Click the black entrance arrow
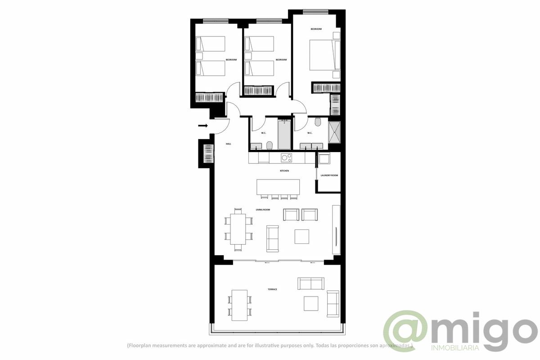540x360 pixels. pyautogui.click(x=202, y=126)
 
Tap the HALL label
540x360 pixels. pyautogui.click(x=229, y=144)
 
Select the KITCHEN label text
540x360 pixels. pyautogui.click(x=284, y=171)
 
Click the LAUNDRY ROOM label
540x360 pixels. pyautogui.click(x=329, y=175)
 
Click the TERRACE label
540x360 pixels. pyautogui.click(x=272, y=289)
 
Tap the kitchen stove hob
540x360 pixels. pyautogui.click(x=286, y=157)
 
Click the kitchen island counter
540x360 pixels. pyautogui.click(x=278, y=187)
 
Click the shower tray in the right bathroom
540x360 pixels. pyautogui.click(x=335, y=132)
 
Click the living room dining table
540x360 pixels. pyautogui.click(x=238, y=229)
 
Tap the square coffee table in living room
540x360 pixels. pyautogui.click(x=301, y=236)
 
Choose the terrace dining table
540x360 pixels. pyautogui.click(x=239, y=305)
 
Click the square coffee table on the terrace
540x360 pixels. pyautogui.click(x=311, y=303)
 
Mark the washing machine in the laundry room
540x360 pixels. pyautogui.click(x=324, y=158)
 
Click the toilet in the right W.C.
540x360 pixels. pyautogui.click(x=318, y=122)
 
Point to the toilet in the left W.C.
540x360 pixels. pyautogui.click(x=270, y=145)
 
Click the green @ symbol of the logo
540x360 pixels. pyautogui.click(x=405, y=331)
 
